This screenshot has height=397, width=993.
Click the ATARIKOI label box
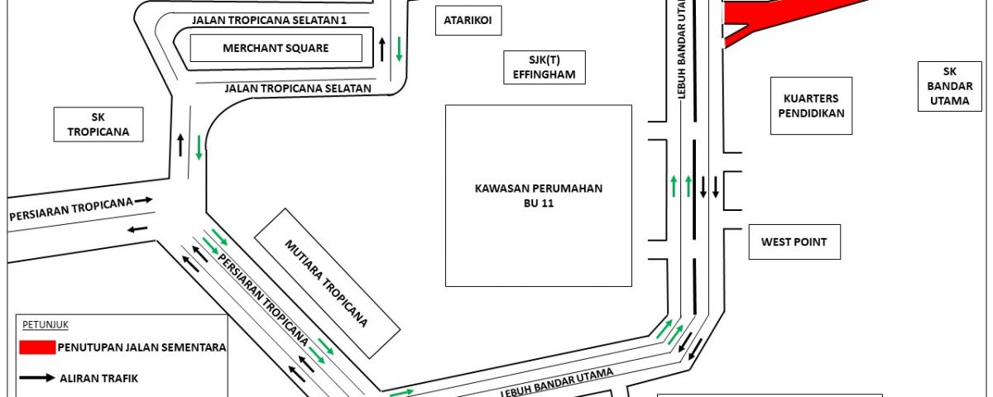[468, 21]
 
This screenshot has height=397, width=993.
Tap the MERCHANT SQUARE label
[276, 48]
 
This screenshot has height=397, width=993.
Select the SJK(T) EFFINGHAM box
[544, 67]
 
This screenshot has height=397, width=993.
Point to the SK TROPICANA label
[98, 125]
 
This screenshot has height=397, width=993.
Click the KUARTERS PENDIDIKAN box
[811, 106]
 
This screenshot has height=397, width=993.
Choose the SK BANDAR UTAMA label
[950, 86]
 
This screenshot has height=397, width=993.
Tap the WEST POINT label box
[794, 242]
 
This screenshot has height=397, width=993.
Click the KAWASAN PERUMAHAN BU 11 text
[539, 195]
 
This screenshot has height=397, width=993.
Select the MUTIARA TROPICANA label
[326, 284]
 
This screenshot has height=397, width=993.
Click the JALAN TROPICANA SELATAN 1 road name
[269, 21]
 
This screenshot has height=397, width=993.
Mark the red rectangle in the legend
[38, 347]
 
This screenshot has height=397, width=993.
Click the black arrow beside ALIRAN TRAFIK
[37, 378]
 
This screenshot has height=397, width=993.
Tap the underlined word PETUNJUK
[46, 325]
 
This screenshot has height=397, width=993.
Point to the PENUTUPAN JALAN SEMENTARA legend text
[142, 347]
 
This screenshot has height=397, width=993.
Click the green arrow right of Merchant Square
[399, 49]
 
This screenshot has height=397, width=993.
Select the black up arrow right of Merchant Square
[382, 49]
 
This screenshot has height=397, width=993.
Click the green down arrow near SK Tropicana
[199, 147]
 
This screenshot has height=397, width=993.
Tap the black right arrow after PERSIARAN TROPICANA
[144, 200]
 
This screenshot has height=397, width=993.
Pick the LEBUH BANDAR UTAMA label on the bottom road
[557, 383]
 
